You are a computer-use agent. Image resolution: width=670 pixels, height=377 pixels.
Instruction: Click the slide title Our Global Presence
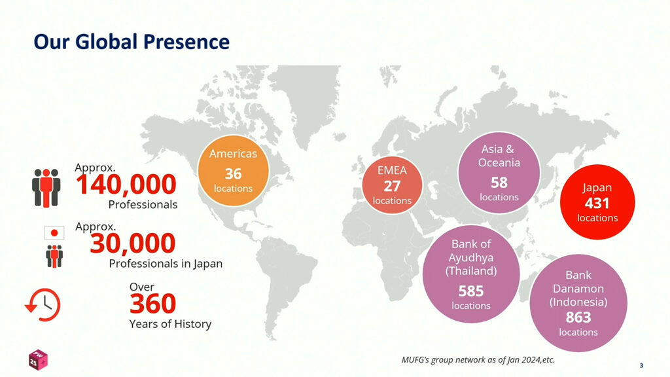click(x=132, y=42)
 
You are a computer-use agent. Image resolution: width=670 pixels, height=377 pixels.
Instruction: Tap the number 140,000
click(x=126, y=185)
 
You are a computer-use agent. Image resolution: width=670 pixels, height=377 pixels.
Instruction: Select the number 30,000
click(x=133, y=243)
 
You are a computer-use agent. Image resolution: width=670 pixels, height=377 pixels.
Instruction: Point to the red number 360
click(x=152, y=304)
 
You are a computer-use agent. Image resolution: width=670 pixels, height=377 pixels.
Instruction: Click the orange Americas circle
click(x=234, y=171)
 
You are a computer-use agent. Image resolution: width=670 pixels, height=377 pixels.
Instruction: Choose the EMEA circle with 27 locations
click(x=392, y=185)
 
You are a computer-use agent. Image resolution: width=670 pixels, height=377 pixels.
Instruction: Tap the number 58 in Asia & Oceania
click(x=499, y=183)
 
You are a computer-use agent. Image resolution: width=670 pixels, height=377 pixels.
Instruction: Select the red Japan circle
click(x=597, y=202)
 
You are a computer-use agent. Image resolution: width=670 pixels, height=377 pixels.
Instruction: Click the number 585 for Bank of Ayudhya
click(x=471, y=291)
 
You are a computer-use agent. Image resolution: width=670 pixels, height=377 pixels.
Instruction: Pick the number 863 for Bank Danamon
click(x=578, y=317)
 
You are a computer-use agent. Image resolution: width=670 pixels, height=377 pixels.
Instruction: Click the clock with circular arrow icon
click(x=43, y=305)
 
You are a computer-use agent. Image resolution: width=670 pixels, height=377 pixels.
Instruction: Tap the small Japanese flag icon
click(x=54, y=233)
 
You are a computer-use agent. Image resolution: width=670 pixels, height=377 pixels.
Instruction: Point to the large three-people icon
click(x=46, y=188)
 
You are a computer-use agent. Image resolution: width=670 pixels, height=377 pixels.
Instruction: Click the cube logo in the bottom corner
click(x=37, y=359)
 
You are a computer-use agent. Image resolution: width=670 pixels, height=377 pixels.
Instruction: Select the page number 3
click(x=641, y=365)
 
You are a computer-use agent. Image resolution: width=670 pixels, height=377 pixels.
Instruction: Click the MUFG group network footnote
click(x=478, y=360)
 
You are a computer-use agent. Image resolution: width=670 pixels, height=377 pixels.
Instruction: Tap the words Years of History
click(x=170, y=324)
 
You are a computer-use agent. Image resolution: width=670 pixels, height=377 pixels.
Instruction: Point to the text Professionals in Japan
click(x=166, y=263)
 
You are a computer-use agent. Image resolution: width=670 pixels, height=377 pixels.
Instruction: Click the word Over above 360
click(x=142, y=287)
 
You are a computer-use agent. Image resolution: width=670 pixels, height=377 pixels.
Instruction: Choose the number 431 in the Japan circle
click(x=597, y=204)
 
